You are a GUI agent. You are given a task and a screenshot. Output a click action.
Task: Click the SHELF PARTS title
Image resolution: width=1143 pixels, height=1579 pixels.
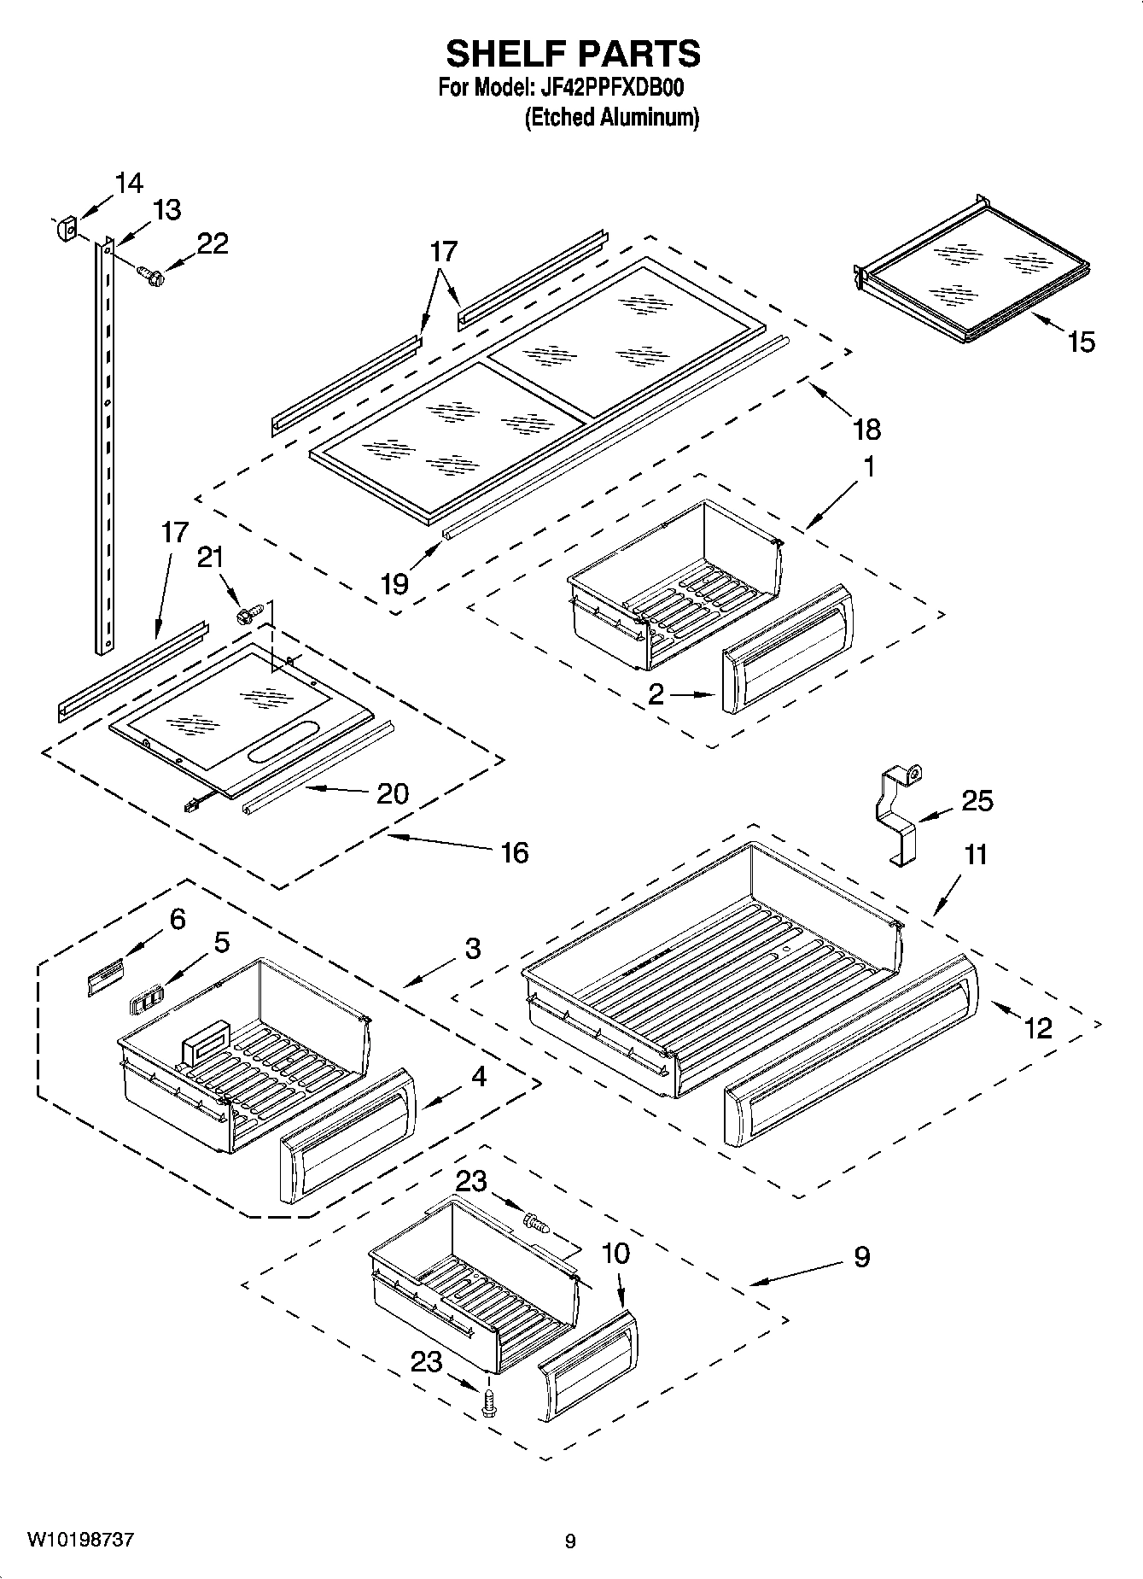573,54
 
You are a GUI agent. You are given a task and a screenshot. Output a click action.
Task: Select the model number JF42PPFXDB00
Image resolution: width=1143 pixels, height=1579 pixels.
612,88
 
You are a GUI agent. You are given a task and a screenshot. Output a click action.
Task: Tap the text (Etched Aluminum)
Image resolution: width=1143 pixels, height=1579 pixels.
611,117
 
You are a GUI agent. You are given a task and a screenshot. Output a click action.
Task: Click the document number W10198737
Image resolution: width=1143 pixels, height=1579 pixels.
80,1540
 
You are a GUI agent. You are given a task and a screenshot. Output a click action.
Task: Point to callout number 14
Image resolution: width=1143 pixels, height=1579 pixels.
129,183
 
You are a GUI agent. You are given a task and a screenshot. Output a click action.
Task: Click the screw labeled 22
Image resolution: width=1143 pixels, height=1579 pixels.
152,275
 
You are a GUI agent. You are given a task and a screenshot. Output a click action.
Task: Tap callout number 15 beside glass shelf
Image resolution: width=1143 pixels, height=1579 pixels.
1080,342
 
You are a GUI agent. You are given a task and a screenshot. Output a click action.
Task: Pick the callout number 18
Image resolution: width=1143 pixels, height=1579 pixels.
866,429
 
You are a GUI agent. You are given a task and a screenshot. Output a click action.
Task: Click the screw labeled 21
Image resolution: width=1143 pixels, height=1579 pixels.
248,612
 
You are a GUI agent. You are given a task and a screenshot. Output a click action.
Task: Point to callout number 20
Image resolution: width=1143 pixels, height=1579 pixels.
393,793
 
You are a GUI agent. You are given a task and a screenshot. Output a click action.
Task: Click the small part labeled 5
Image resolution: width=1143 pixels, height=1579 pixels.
146,998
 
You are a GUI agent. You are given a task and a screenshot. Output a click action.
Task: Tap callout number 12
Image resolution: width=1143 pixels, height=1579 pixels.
1038,1027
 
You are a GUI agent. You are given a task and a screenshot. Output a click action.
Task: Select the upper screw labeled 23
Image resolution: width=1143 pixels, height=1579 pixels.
536,1225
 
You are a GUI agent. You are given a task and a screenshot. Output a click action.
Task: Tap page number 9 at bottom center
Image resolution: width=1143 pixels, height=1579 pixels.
570,1541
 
